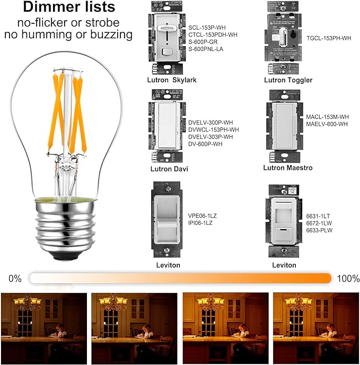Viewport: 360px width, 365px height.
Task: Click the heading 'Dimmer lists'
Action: click(x=68, y=8)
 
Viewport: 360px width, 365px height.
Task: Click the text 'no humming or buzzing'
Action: click(x=68, y=35)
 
